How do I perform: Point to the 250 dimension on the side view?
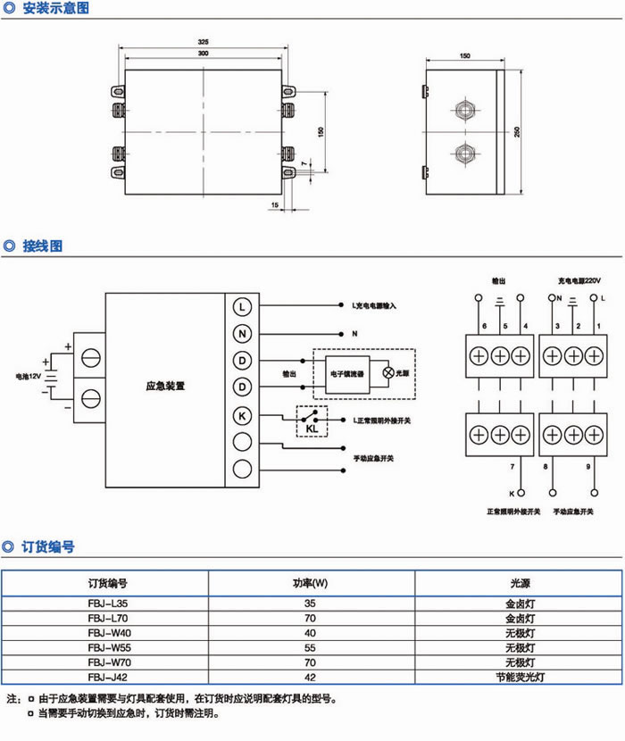(x=517, y=130)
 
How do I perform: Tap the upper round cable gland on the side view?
(x=463, y=111)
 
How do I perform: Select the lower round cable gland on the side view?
(x=463, y=151)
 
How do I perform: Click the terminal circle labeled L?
(x=243, y=306)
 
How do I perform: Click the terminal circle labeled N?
(x=243, y=333)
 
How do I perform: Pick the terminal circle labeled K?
(x=243, y=415)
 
